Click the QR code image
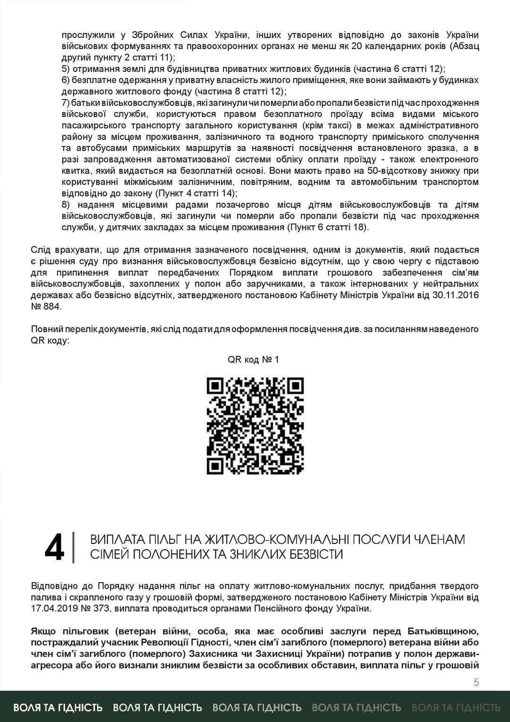click(255, 426)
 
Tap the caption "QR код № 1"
click(253, 360)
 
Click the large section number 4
click(54, 548)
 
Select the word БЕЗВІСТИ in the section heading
click(312, 554)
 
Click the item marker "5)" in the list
click(66, 69)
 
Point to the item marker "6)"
click(66, 80)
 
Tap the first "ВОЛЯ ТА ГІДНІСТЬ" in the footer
click(58, 707)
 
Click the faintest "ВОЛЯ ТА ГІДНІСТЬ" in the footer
click(456, 707)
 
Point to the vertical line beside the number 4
click(74, 548)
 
